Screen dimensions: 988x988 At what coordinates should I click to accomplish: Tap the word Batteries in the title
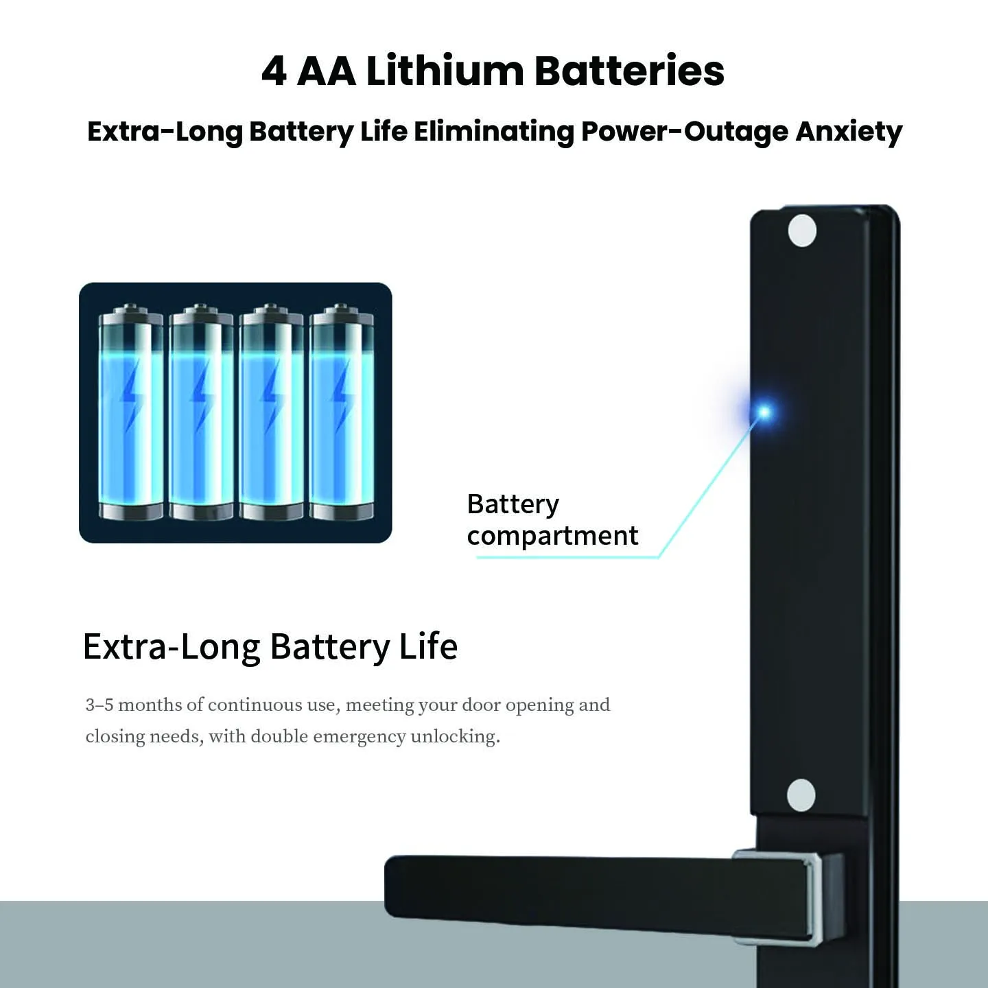[629, 71]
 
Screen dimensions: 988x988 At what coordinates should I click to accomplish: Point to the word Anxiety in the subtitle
[849, 133]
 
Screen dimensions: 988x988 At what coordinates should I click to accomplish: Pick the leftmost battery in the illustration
[131, 411]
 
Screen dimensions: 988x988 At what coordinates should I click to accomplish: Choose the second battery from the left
[201, 411]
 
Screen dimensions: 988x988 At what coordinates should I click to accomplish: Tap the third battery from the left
[271, 411]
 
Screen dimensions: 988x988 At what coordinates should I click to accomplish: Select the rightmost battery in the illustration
[342, 411]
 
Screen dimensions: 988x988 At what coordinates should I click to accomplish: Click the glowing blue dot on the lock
[764, 412]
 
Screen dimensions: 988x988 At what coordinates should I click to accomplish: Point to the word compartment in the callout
[552, 537]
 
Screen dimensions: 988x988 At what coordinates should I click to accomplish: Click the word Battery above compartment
[513, 505]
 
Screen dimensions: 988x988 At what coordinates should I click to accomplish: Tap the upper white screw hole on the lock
[802, 231]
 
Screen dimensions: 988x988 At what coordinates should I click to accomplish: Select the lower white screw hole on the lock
[801, 796]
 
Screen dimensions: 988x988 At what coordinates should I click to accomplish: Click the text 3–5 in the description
[99, 705]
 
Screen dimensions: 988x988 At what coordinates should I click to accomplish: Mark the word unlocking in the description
[456, 737]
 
